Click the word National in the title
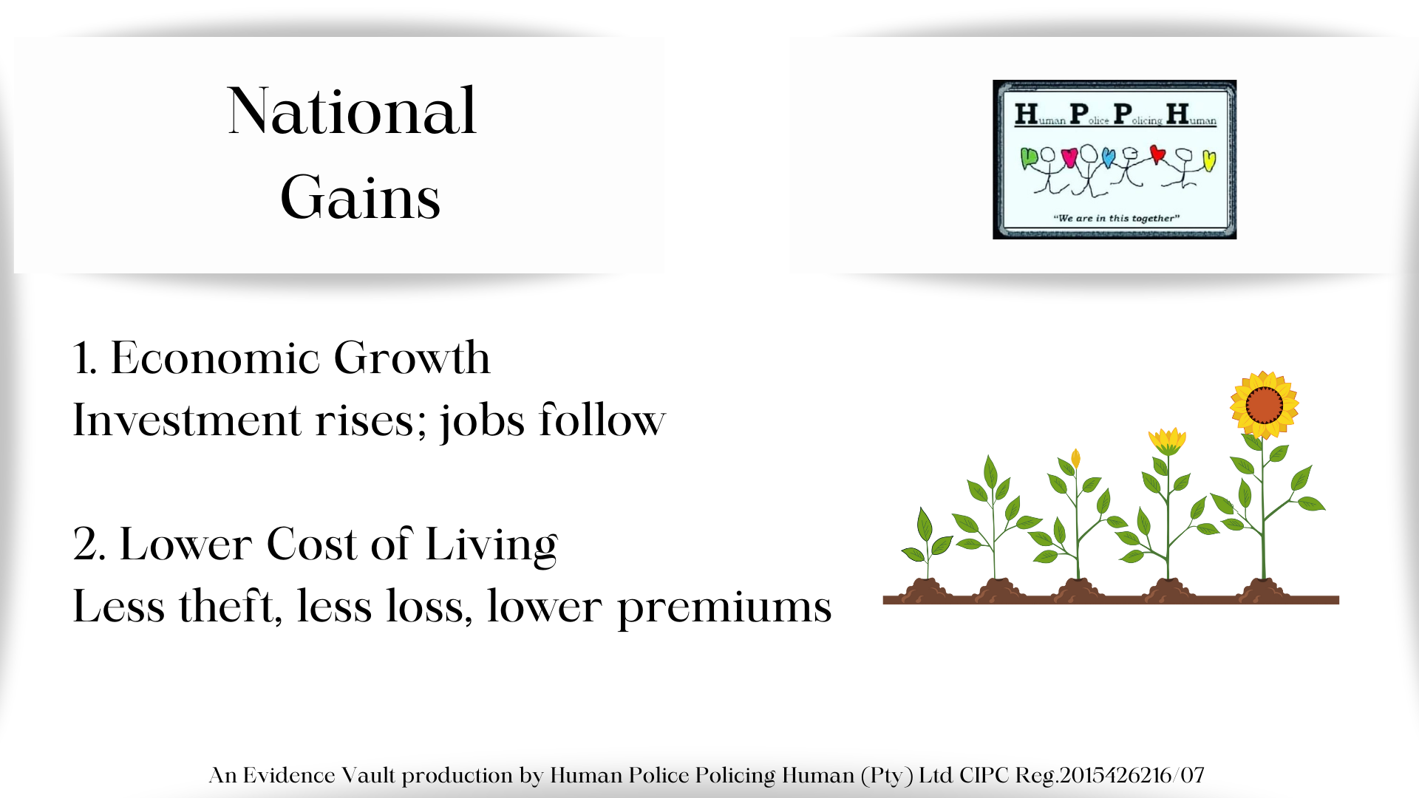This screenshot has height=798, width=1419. click(352, 111)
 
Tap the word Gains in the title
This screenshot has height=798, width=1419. click(361, 197)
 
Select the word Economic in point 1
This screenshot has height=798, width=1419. click(215, 358)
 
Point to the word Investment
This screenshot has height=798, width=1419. click(187, 420)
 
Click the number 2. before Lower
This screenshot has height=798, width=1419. click(90, 545)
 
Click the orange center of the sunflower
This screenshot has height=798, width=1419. click(1264, 404)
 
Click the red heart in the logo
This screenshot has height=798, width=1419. click(1157, 154)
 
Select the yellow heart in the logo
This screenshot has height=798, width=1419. click(1209, 160)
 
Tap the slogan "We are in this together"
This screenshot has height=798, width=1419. click(1116, 218)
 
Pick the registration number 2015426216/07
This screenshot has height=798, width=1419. click(1132, 775)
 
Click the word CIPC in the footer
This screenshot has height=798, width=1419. click(984, 775)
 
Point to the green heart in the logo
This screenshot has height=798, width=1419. click(1029, 157)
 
